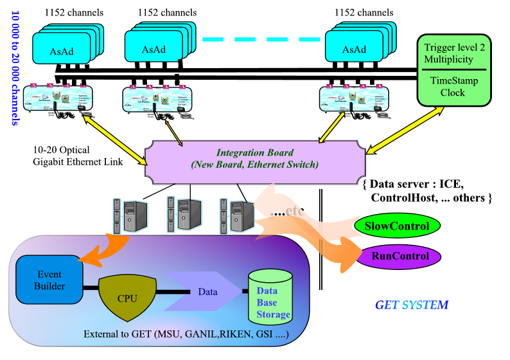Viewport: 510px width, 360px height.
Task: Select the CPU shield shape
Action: click(x=127, y=298)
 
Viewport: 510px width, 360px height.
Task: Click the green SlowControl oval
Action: click(x=396, y=226)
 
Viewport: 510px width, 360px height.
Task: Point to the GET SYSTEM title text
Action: click(x=412, y=305)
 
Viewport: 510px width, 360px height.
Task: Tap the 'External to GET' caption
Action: click(x=186, y=334)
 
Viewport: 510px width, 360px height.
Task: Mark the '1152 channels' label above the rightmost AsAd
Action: click(x=364, y=12)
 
